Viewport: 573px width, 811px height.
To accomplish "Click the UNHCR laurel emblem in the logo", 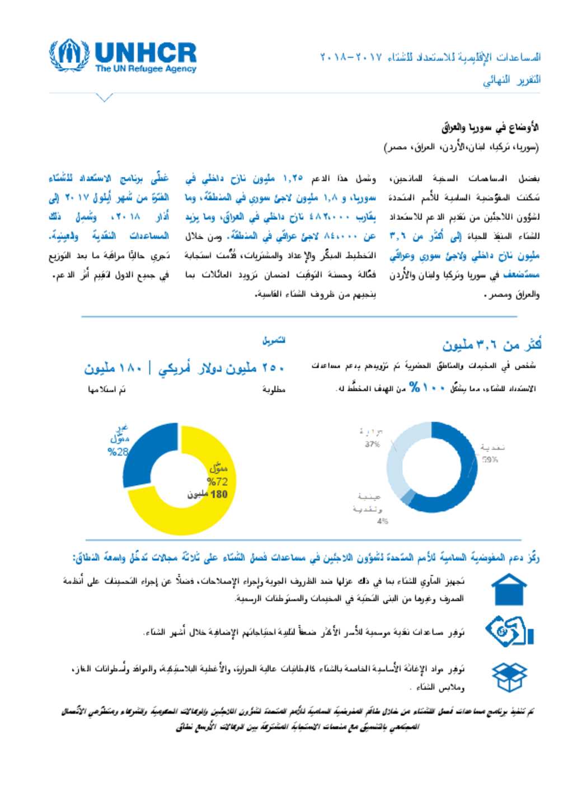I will [x=69, y=55].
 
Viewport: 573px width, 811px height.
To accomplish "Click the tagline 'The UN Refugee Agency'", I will [x=145, y=69].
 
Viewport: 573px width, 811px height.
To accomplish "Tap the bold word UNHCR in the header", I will [x=145, y=53].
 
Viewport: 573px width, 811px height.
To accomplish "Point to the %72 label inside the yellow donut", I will [x=217, y=481].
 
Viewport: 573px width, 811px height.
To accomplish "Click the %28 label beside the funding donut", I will [x=118, y=452].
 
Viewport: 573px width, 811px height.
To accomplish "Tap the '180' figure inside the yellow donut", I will [x=219, y=494].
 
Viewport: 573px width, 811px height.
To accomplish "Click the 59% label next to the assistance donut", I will [x=490, y=460].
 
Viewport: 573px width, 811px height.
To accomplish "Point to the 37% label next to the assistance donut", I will [x=372, y=444].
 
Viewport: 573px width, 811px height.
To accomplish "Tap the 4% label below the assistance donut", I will [x=383, y=521].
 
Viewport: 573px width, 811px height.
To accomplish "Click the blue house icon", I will [x=509, y=589].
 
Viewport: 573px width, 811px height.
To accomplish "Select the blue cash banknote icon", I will [x=509, y=631].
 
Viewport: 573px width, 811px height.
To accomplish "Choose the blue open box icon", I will [x=509, y=677].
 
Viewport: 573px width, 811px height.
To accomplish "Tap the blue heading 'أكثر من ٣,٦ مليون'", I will [x=492, y=345].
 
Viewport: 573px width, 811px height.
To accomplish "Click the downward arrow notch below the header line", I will [x=104, y=98].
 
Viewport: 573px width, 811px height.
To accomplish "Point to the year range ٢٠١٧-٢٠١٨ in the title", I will [x=351, y=57].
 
